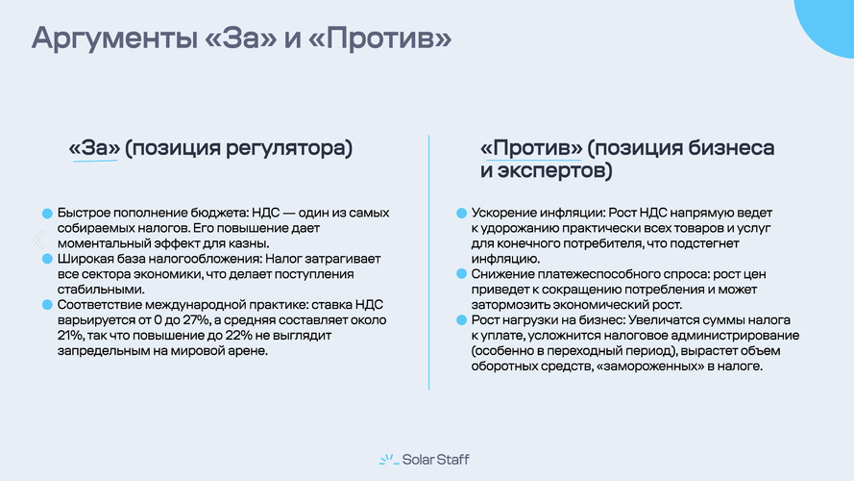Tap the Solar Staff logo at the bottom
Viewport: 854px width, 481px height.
(x=426, y=459)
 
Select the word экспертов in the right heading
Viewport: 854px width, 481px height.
(x=551, y=172)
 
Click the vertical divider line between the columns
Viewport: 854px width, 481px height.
(x=428, y=260)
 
